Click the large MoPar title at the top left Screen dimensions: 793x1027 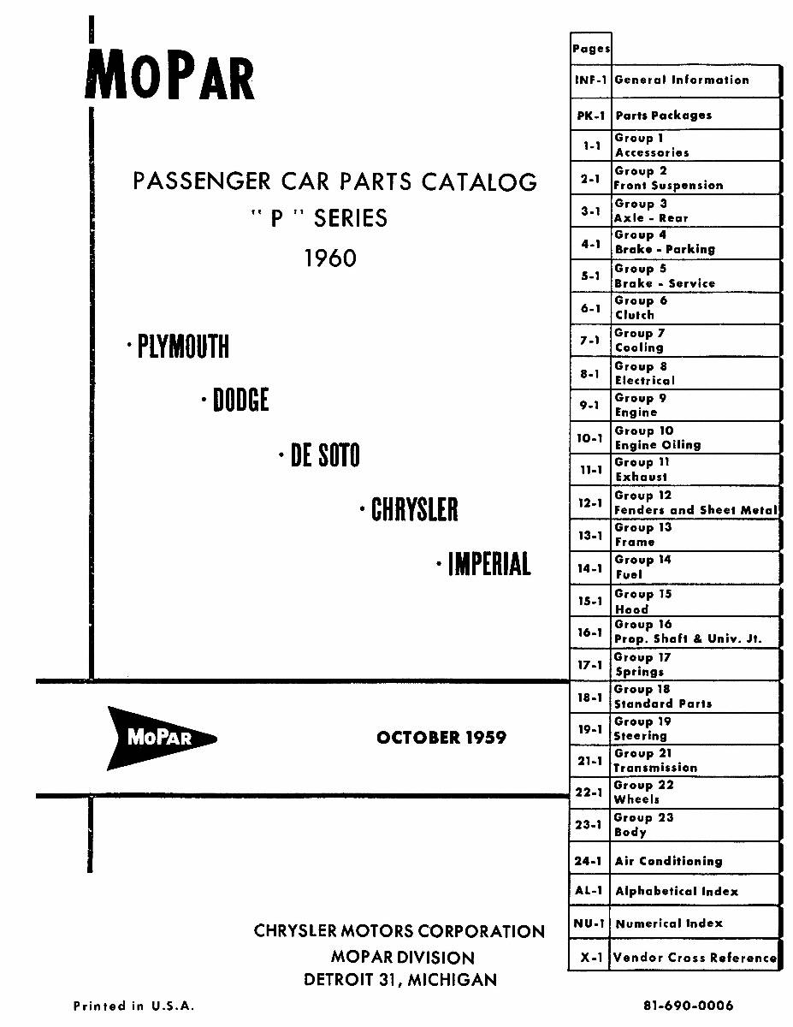click(x=170, y=74)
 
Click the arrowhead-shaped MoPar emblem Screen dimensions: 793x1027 click(x=162, y=739)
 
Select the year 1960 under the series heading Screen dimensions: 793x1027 click(x=330, y=258)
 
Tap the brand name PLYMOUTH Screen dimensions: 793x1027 click(x=183, y=347)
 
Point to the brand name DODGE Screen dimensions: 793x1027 click(x=241, y=400)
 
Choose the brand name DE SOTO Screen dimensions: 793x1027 click(x=325, y=454)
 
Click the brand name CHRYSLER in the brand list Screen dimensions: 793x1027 click(x=414, y=509)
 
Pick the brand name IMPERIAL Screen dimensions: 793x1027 click(x=489, y=563)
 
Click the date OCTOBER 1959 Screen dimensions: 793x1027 click(x=441, y=737)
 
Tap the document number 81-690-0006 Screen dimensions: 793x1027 click(x=688, y=1006)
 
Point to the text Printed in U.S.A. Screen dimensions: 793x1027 click(x=133, y=1006)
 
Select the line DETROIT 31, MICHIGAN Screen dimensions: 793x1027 click(x=400, y=980)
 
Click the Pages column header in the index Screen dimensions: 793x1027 click(x=591, y=49)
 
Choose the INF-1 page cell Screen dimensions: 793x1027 click(x=590, y=80)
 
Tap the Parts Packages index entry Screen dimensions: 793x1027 click(x=663, y=116)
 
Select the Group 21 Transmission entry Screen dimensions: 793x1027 click(x=655, y=761)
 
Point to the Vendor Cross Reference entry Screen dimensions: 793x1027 click(x=695, y=958)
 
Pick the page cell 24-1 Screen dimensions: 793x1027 click(x=588, y=861)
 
